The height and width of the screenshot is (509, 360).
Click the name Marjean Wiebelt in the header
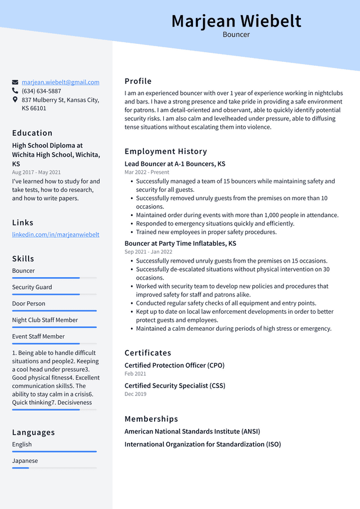point(236,21)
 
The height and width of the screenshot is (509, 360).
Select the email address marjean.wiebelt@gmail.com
point(60,82)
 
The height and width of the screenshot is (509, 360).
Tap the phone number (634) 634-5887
point(41,91)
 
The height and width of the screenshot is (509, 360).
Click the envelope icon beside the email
point(15,82)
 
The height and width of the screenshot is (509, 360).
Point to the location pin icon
point(15,100)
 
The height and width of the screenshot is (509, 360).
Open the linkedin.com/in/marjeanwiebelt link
point(56,235)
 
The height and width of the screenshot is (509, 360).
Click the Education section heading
point(32,133)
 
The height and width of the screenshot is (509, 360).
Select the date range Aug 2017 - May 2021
point(36,172)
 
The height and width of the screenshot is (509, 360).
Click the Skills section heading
point(23,259)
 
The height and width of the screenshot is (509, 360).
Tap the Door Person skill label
point(29,304)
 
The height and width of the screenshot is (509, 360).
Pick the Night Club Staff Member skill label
point(45,320)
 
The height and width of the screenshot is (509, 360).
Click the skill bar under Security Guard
point(54,294)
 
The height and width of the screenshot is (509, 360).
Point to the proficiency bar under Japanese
point(54,468)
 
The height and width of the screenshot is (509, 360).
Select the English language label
point(22,444)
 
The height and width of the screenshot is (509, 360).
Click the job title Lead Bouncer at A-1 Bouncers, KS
point(175,164)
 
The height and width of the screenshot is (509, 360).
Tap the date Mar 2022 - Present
point(147,172)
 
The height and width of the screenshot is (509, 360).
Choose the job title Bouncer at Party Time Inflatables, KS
point(180,244)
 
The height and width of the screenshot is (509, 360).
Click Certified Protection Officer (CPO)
point(174,366)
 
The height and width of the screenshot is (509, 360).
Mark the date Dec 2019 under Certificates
point(135,394)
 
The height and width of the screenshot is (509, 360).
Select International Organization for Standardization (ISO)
point(202,444)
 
